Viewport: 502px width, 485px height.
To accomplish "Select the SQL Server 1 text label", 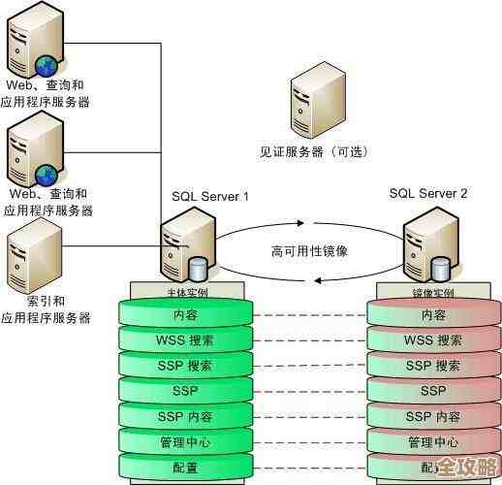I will (210, 196).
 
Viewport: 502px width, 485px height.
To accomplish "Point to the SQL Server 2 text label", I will (428, 193).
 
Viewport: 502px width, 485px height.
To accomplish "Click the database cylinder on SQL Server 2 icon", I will (443, 268).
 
